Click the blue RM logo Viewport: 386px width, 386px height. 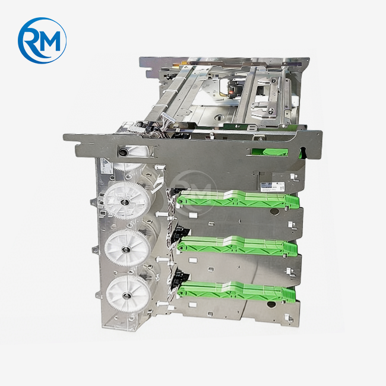pyautogui.click(x=42, y=40)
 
